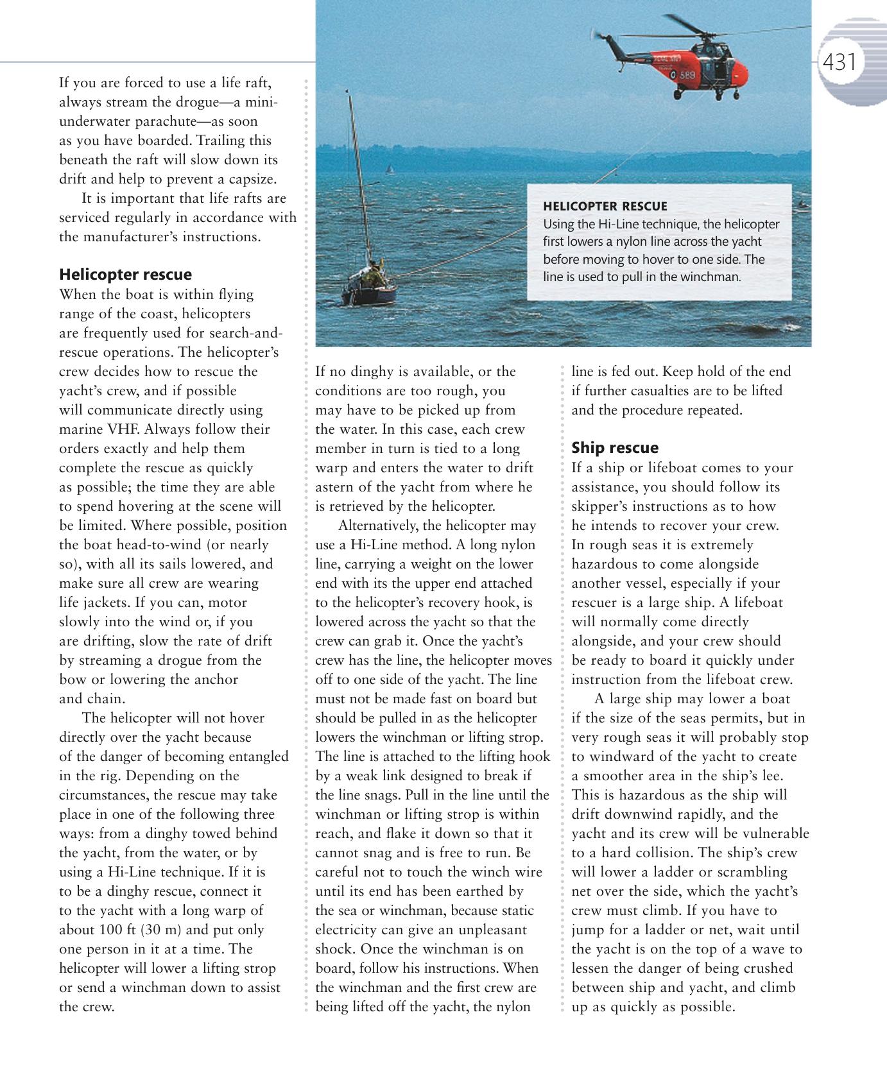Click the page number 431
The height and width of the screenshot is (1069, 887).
click(x=840, y=62)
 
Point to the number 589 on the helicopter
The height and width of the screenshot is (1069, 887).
click(x=687, y=75)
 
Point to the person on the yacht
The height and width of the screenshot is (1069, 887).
click(x=373, y=273)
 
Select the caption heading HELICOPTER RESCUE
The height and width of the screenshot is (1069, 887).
click(x=605, y=207)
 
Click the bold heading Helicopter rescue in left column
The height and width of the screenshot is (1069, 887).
click(x=125, y=275)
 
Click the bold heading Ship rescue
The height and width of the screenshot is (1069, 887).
click(x=614, y=448)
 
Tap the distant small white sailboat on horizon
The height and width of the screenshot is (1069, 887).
click(x=388, y=169)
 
